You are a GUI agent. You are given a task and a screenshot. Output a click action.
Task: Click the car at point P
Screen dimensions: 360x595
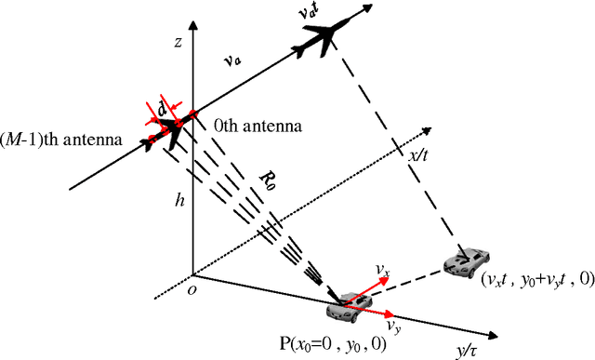coord(341,299)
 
